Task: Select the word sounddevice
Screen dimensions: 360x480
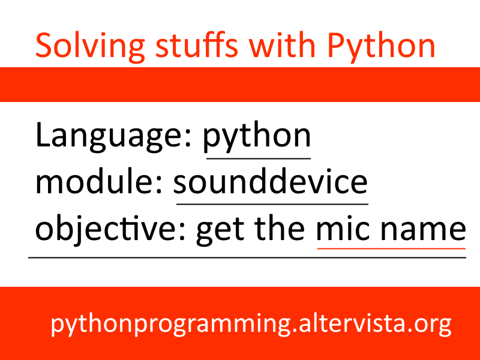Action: click(x=271, y=182)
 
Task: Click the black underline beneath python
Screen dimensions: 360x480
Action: click(x=258, y=159)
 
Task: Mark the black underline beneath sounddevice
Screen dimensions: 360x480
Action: click(x=272, y=203)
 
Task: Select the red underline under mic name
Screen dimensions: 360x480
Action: click(x=391, y=247)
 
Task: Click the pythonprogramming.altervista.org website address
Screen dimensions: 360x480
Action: click(x=251, y=325)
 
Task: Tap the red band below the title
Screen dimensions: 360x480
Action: click(x=240, y=85)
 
